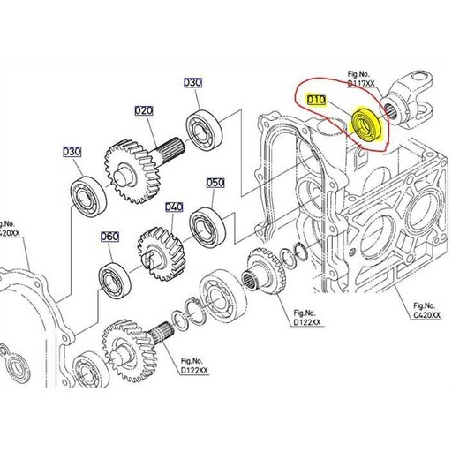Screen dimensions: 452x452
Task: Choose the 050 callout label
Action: point(215,183)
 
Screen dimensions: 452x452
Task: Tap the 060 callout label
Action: point(109,237)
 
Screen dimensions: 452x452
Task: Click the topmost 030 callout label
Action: point(192,82)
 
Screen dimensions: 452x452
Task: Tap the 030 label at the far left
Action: point(72,152)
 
